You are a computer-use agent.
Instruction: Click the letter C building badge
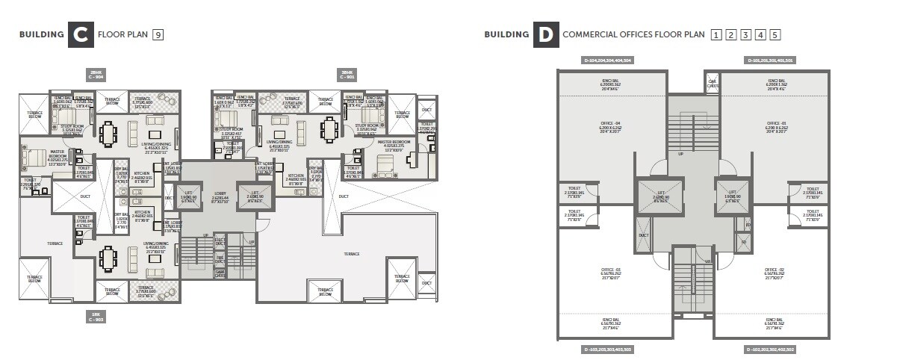point(79,34)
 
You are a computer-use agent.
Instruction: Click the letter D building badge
point(546,34)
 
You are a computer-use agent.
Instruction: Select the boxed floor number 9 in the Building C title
point(158,34)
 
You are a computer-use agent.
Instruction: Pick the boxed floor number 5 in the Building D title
point(775,34)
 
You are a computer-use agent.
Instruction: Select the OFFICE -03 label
point(612,270)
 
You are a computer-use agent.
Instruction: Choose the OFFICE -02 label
point(774,270)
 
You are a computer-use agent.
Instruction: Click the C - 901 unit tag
point(347,75)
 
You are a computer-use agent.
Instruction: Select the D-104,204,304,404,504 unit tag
point(607,60)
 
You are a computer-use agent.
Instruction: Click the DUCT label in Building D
point(643,235)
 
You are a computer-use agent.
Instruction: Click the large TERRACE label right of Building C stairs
point(351,254)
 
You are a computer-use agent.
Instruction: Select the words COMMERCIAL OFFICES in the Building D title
point(606,34)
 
